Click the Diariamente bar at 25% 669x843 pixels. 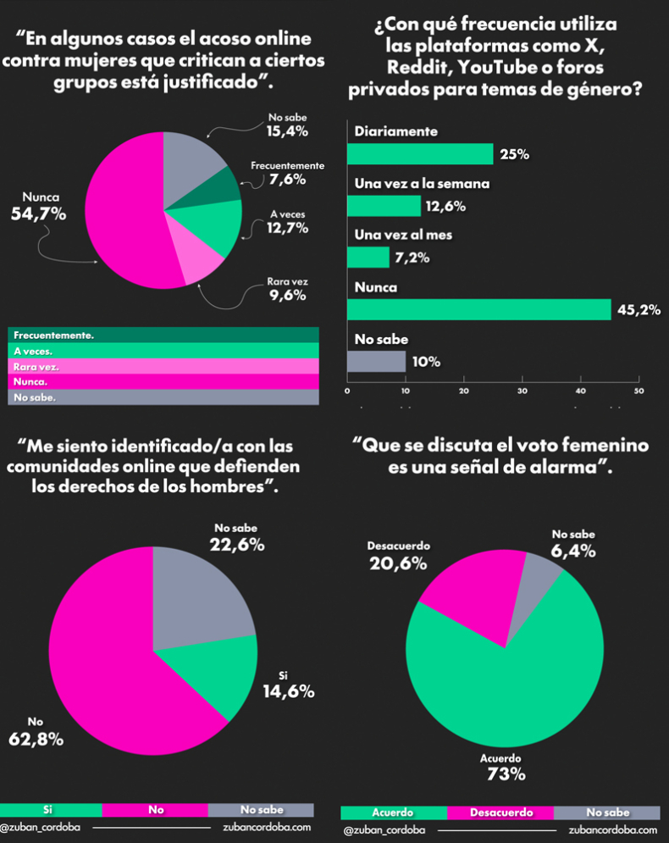click(420, 153)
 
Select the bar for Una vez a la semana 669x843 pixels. click(384, 206)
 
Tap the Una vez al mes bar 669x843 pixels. click(368, 258)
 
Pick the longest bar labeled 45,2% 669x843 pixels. click(479, 310)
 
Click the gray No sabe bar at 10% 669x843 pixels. click(377, 361)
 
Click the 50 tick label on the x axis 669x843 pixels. click(639, 391)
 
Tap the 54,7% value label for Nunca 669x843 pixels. click(39, 214)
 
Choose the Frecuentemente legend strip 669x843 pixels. click(163, 335)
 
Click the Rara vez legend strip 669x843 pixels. click(163, 367)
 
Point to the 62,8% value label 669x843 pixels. click(36, 740)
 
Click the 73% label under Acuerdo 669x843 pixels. click(506, 774)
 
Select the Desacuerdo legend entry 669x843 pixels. click(500, 812)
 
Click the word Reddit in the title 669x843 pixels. click(417, 67)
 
